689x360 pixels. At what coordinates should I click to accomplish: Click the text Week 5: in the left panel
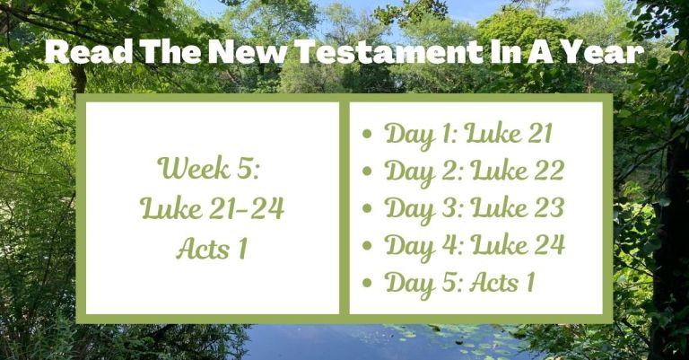pyautogui.click(x=211, y=168)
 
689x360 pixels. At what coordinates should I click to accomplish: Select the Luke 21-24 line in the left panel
pyautogui.click(x=213, y=208)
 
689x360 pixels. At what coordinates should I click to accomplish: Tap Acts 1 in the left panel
pyautogui.click(x=212, y=248)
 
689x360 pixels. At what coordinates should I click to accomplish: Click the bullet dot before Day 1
pyautogui.click(x=367, y=136)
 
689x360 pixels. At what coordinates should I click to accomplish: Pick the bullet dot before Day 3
pyautogui.click(x=367, y=209)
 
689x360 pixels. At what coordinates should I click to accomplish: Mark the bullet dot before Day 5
pyautogui.click(x=367, y=284)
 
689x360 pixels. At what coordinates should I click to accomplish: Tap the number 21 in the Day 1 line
pyautogui.click(x=535, y=135)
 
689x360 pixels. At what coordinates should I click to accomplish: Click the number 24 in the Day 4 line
pyautogui.click(x=545, y=245)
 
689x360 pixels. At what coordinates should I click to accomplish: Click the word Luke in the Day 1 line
pyautogui.click(x=493, y=135)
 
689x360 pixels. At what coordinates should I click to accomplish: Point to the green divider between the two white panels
pyautogui.click(x=344, y=206)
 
